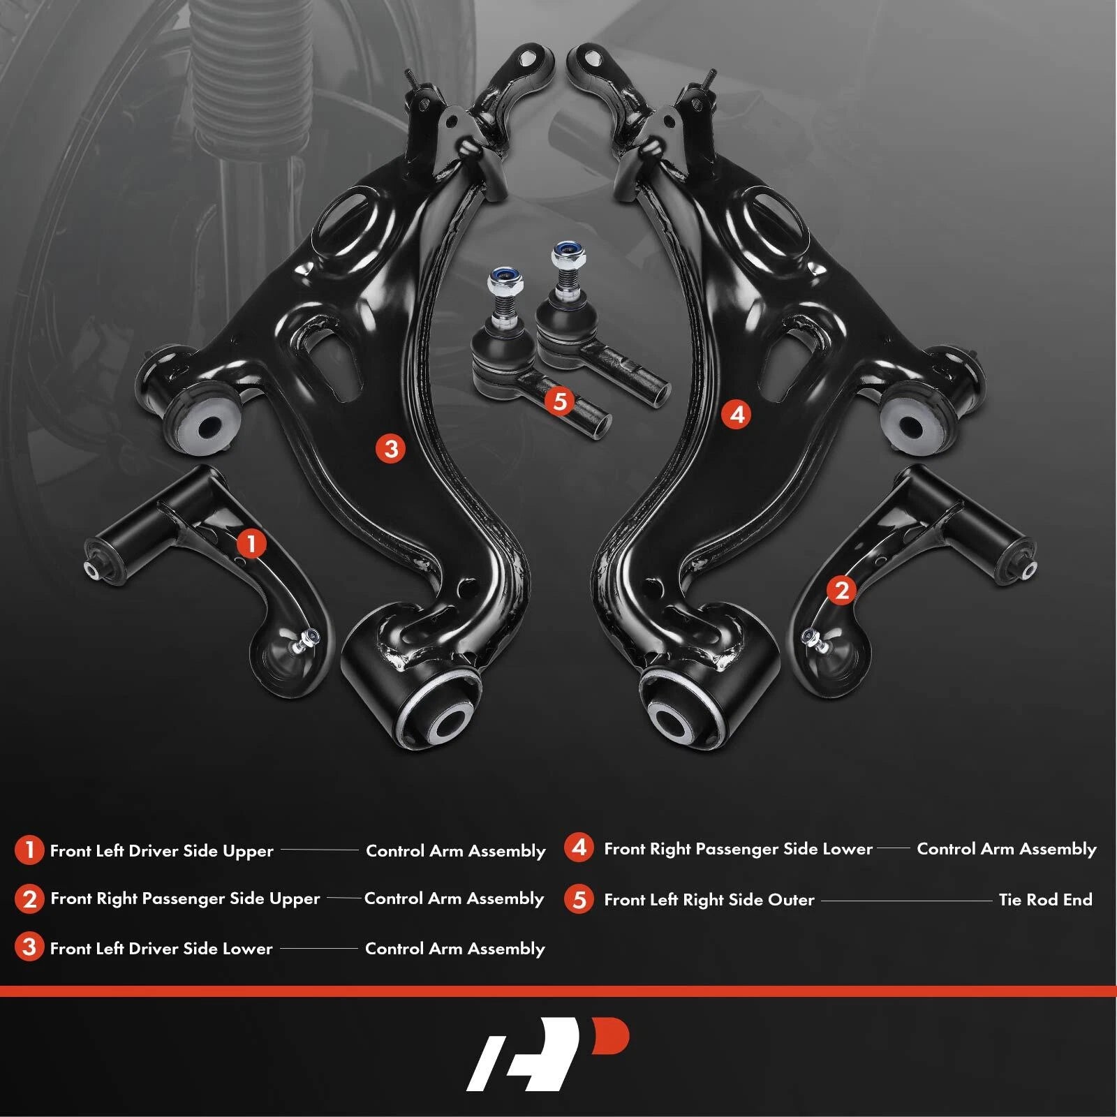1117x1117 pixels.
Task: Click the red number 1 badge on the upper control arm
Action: [251, 544]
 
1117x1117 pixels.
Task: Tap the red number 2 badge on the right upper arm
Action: [841, 590]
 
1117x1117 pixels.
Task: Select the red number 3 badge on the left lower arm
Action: [391, 448]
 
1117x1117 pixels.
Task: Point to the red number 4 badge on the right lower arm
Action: [737, 415]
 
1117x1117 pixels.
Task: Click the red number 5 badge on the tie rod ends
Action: [560, 401]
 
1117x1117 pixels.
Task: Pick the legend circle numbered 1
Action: [29, 850]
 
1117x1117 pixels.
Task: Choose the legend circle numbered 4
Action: [579, 848]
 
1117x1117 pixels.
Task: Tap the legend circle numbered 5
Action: [579, 899]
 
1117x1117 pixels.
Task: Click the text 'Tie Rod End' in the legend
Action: [1045, 899]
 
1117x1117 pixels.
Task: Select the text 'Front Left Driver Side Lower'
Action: [161, 948]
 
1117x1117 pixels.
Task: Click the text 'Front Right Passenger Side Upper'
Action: [185, 898]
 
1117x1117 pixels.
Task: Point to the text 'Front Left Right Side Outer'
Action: [709, 900]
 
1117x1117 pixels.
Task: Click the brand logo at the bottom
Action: [547, 1053]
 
